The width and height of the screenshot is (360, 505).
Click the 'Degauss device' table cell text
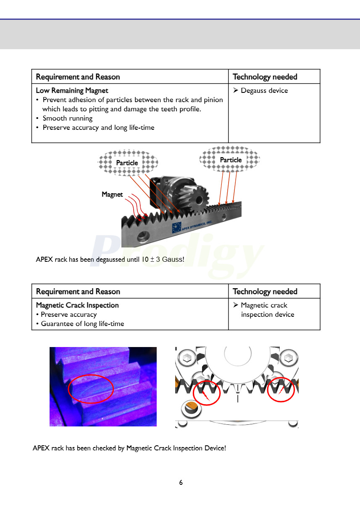click(x=264, y=91)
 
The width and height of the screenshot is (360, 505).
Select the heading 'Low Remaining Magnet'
click(x=72, y=91)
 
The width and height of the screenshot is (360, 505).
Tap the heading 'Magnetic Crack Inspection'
click(x=77, y=305)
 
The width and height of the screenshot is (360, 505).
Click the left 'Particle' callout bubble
click(x=127, y=163)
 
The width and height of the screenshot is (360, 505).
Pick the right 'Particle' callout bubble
click(x=230, y=160)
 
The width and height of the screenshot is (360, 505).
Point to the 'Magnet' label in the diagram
click(x=112, y=195)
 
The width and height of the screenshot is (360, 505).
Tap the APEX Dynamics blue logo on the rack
click(x=176, y=227)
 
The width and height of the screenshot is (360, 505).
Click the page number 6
click(x=181, y=483)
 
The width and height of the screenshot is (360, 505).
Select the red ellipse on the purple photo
click(x=91, y=388)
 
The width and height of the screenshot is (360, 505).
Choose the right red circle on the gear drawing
click(x=281, y=389)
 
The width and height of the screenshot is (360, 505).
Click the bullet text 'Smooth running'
click(x=67, y=118)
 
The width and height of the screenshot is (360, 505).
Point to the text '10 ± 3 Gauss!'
click(x=163, y=260)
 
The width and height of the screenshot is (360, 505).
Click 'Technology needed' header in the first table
click(x=265, y=77)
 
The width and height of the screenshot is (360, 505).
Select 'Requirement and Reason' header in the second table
click(x=78, y=292)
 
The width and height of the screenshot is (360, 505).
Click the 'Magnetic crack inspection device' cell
click(x=267, y=310)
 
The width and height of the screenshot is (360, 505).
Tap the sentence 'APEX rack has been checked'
click(x=129, y=448)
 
